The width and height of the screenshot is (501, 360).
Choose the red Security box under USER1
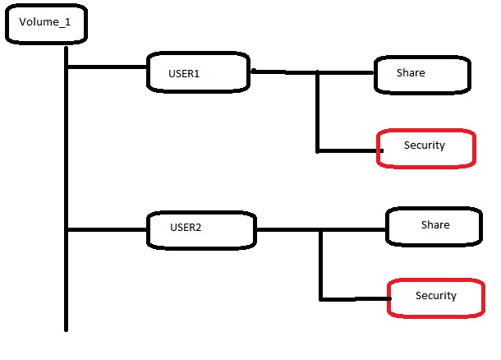[425, 148]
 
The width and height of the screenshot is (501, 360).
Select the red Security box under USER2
[436, 297]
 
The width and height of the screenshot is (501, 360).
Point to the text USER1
[185, 73]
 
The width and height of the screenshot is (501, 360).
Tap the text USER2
[186, 227]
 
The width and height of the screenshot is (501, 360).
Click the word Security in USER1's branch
[424, 145]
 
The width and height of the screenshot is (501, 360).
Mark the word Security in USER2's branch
[435, 296]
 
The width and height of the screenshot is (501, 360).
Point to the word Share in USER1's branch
[411, 72]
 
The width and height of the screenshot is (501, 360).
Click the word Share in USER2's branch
[435, 224]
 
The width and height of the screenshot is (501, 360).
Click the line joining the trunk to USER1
[107, 67]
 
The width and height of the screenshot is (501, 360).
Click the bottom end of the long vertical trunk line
[66, 328]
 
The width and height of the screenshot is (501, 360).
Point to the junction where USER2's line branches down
[321, 229]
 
